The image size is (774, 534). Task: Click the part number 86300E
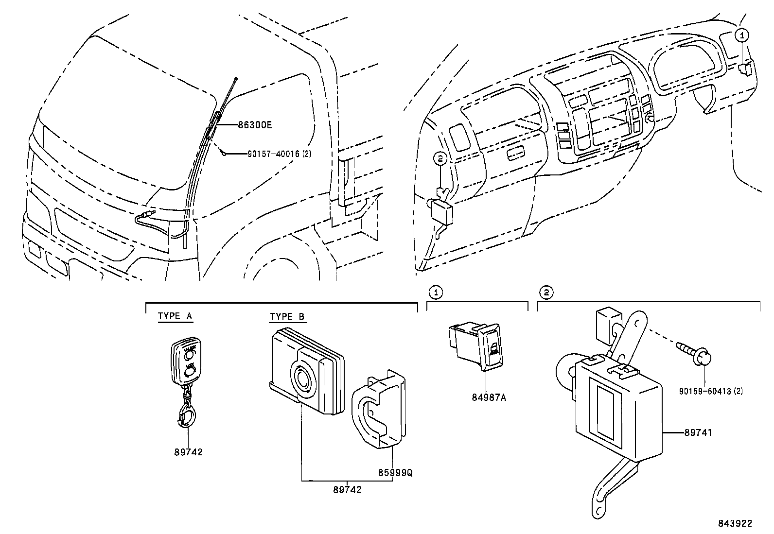coord(254,125)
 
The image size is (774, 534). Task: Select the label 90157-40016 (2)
coord(279,154)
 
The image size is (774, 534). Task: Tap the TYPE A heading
coord(175,316)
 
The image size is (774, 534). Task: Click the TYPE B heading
coord(287,316)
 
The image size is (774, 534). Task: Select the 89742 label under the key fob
coord(188,452)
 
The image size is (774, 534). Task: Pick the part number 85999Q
coord(395,472)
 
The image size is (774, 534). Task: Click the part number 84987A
coord(489,397)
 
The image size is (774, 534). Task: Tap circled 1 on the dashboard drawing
coord(741,34)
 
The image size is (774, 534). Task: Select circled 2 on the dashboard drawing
coord(440,158)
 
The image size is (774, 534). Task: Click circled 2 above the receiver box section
coord(546,292)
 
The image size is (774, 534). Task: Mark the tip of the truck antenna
coord(235,78)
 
